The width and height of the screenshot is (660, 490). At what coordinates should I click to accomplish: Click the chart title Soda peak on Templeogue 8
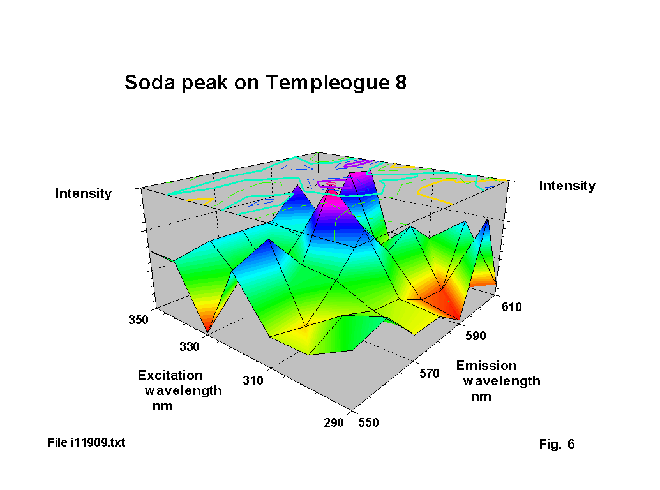pos(265,83)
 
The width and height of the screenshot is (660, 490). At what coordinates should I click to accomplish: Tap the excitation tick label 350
pos(139,319)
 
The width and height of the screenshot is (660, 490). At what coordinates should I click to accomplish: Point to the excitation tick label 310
pos(253,381)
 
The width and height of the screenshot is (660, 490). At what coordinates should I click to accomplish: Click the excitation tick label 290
pos(333,422)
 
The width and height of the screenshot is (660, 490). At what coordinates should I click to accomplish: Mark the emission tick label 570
pos(430,373)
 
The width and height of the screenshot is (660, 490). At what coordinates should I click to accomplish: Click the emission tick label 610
pos(512,307)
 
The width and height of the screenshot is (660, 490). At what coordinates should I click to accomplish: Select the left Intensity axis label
pos(84,193)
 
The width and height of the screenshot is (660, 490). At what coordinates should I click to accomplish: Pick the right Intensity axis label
pos(567,186)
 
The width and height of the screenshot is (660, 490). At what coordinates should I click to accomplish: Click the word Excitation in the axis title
pos(170,375)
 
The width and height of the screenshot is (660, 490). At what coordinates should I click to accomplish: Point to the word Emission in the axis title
pos(486,366)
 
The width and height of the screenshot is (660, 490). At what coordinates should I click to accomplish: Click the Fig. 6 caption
pos(557,444)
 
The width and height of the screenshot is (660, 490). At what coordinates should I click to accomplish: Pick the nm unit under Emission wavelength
pos(481,396)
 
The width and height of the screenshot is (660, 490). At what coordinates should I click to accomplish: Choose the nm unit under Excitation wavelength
pos(162,406)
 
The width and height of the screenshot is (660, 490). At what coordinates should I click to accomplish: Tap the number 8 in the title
pos(400,83)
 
